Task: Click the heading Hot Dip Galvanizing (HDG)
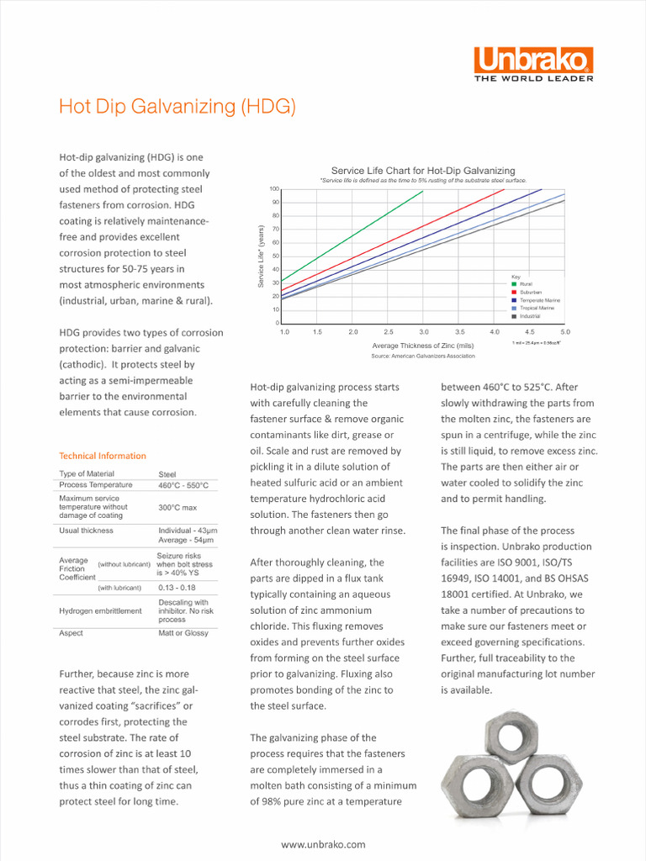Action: pyautogui.click(x=177, y=107)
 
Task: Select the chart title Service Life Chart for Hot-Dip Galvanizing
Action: pyautogui.click(x=423, y=171)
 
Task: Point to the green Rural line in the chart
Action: pyautogui.click(x=353, y=235)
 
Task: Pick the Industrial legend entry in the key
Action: pyautogui.click(x=530, y=316)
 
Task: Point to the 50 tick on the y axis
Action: pyautogui.click(x=276, y=256)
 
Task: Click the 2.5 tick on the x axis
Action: pyautogui.click(x=389, y=332)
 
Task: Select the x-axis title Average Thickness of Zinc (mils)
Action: pyautogui.click(x=423, y=346)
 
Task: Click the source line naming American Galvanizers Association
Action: pyautogui.click(x=423, y=356)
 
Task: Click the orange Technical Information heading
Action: pyautogui.click(x=103, y=456)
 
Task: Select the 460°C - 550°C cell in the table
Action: pyautogui.click(x=183, y=485)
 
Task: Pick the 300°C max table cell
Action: pyautogui.click(x=177, y=508)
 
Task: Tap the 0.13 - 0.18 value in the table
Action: pyautogui.click(x=177, y=588)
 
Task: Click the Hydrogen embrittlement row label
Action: pyautogui.click(x=100, y=611)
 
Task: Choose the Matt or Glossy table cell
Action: pyautogui.click(x=183, y=633)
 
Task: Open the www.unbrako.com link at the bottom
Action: pyautogui.click(x=323, y=844)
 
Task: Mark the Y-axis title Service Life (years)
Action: pyautogui.click(x=261, y=256)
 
